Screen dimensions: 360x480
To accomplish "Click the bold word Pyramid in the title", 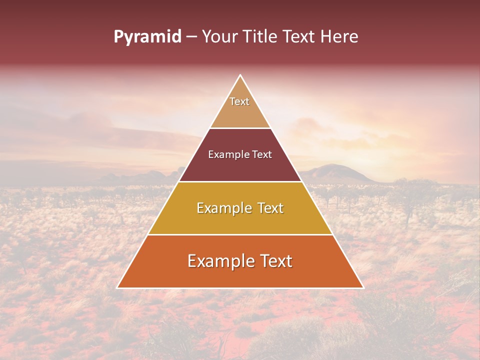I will pos(147,37).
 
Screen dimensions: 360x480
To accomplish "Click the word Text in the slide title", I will pos(299,37).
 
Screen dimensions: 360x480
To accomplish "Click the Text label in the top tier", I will pos(239,101).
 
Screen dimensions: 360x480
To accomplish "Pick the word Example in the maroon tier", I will pos(228,154).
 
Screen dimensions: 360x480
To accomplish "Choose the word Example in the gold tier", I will pos(224,208).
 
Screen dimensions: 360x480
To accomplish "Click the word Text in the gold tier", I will pos(268,208).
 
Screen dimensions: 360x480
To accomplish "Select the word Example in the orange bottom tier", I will pos(220,261).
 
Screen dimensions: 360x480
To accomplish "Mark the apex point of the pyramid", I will pos(240,75).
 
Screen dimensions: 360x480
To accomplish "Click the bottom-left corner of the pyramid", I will pos(117,287).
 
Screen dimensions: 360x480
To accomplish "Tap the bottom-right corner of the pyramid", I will pos(363,287).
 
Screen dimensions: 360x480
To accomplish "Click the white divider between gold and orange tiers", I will pos(240,234).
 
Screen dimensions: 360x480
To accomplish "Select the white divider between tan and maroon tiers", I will pos(240,128).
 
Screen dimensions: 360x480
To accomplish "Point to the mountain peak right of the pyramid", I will pos(330,165).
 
